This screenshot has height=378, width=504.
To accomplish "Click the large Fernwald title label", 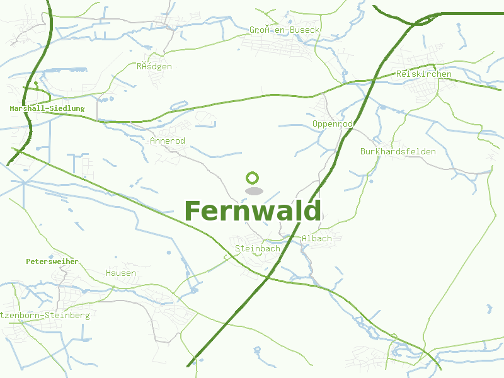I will coord(253,211).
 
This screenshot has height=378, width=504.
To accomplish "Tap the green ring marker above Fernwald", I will coord(253,178).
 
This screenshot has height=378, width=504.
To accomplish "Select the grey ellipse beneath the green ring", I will coord(253,190).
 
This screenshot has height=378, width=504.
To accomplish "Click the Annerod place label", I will coord(168,140).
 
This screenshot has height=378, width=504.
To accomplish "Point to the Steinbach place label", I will coord(257,249).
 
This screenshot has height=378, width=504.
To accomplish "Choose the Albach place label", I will coord(316,239).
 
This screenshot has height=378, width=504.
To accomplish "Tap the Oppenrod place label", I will coord(332,124).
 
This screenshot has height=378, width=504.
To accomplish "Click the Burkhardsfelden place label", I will coord(398,152).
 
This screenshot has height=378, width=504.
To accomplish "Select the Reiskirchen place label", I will coord(424,74).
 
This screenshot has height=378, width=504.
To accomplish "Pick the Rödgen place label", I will coord(154,66).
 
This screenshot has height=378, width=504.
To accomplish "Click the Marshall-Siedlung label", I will coord(47,109).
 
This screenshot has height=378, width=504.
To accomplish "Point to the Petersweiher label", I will coord(52,261).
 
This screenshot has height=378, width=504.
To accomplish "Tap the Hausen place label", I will coord(121,273).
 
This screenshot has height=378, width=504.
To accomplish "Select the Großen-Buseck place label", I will coord(285,30).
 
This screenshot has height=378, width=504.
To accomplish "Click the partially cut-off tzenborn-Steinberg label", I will coord(45,315).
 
